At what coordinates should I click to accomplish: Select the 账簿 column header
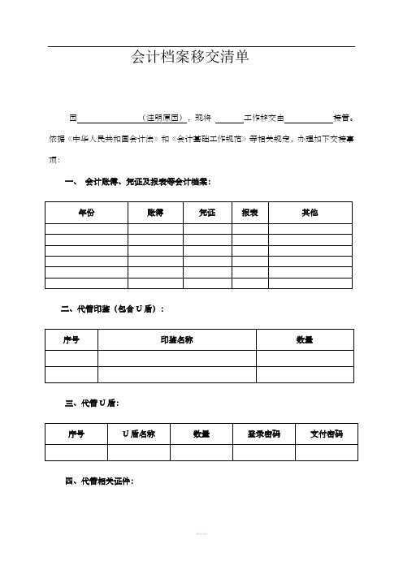155,211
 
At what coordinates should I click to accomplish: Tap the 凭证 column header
207,211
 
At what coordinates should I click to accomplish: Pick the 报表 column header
249,211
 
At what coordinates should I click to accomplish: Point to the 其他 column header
310,211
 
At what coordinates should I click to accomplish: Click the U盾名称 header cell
139,434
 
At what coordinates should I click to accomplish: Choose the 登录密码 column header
264,434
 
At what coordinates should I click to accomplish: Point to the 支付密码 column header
326,434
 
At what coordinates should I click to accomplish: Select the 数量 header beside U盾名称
201,434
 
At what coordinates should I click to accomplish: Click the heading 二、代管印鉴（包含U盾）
113,309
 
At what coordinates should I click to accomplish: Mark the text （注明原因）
165,117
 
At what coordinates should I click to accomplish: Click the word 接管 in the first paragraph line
341,117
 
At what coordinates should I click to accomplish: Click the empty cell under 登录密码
264,452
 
